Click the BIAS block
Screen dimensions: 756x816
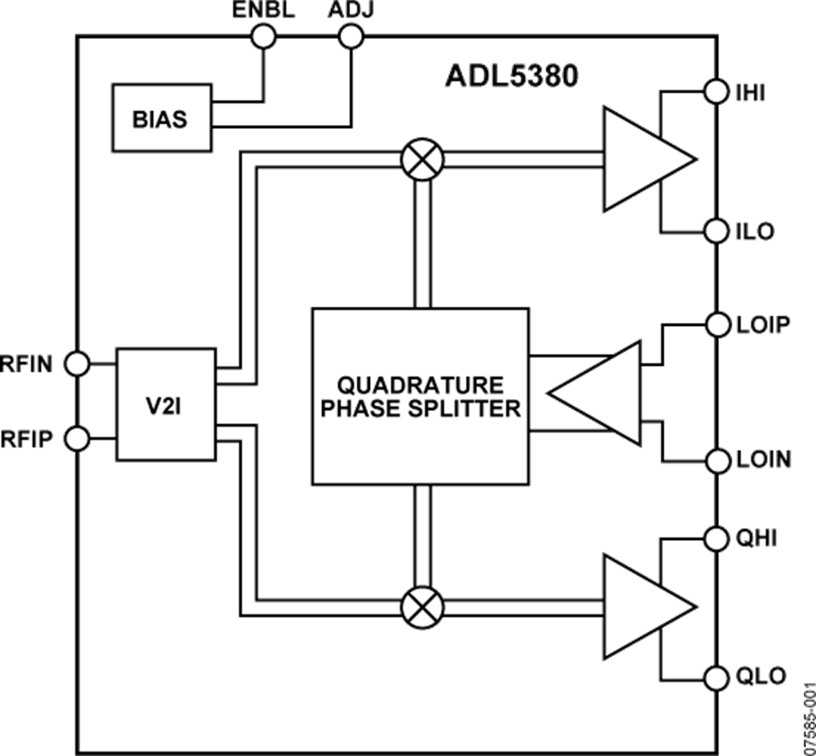(160, 118)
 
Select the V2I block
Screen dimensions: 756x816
(164, 402)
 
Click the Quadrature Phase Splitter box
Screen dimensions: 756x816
(420, 397)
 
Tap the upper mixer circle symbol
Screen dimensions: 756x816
(421, 160)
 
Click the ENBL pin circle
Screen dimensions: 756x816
(264, 36)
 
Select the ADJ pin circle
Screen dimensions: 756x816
(351, 36)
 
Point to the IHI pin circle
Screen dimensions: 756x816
(715, 91)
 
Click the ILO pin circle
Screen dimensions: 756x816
(715, 231)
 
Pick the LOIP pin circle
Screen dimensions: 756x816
(715, 324)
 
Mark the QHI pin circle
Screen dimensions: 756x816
(715, 538)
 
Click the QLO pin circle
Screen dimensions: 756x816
(715, 676)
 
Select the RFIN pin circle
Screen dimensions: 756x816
(79, 364)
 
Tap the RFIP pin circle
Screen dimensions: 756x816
(79, 439)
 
